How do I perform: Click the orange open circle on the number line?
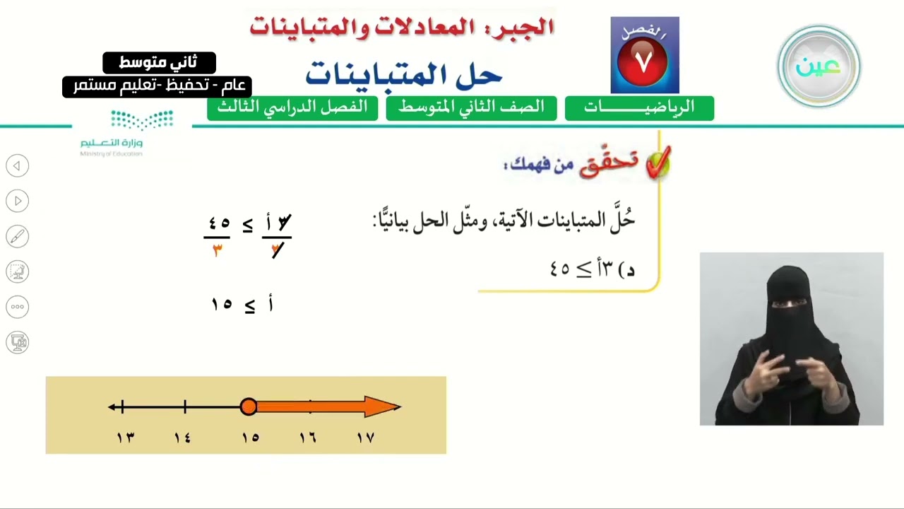(x=248, y=406)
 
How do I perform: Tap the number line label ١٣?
(x=126, y=438)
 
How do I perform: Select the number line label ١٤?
(x=182, y=438)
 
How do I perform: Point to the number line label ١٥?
(x=250, y=438)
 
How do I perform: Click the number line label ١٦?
(x=308, y=438)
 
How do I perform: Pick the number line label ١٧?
(x=366, y=438)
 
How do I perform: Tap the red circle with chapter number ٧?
(x=643, y=62)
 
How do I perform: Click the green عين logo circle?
(x=819, y=66)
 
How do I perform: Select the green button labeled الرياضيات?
(x=639, y=108)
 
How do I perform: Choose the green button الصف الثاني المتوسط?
(x=471, y=108)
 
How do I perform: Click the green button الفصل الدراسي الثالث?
(x=292, y=108)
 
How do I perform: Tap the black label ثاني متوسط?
(x=159, y=63)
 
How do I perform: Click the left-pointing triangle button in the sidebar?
(x=18, y=165)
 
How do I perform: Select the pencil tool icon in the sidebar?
(x=18, y=236)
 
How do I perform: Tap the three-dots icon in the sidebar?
(x=18, y=307)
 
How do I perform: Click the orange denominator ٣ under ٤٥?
(x=218, y=251)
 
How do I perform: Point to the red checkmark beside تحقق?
(x=658, y=163)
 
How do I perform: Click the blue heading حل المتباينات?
(x=403, y=75)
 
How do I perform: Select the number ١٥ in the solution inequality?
(x=222, y=304)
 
